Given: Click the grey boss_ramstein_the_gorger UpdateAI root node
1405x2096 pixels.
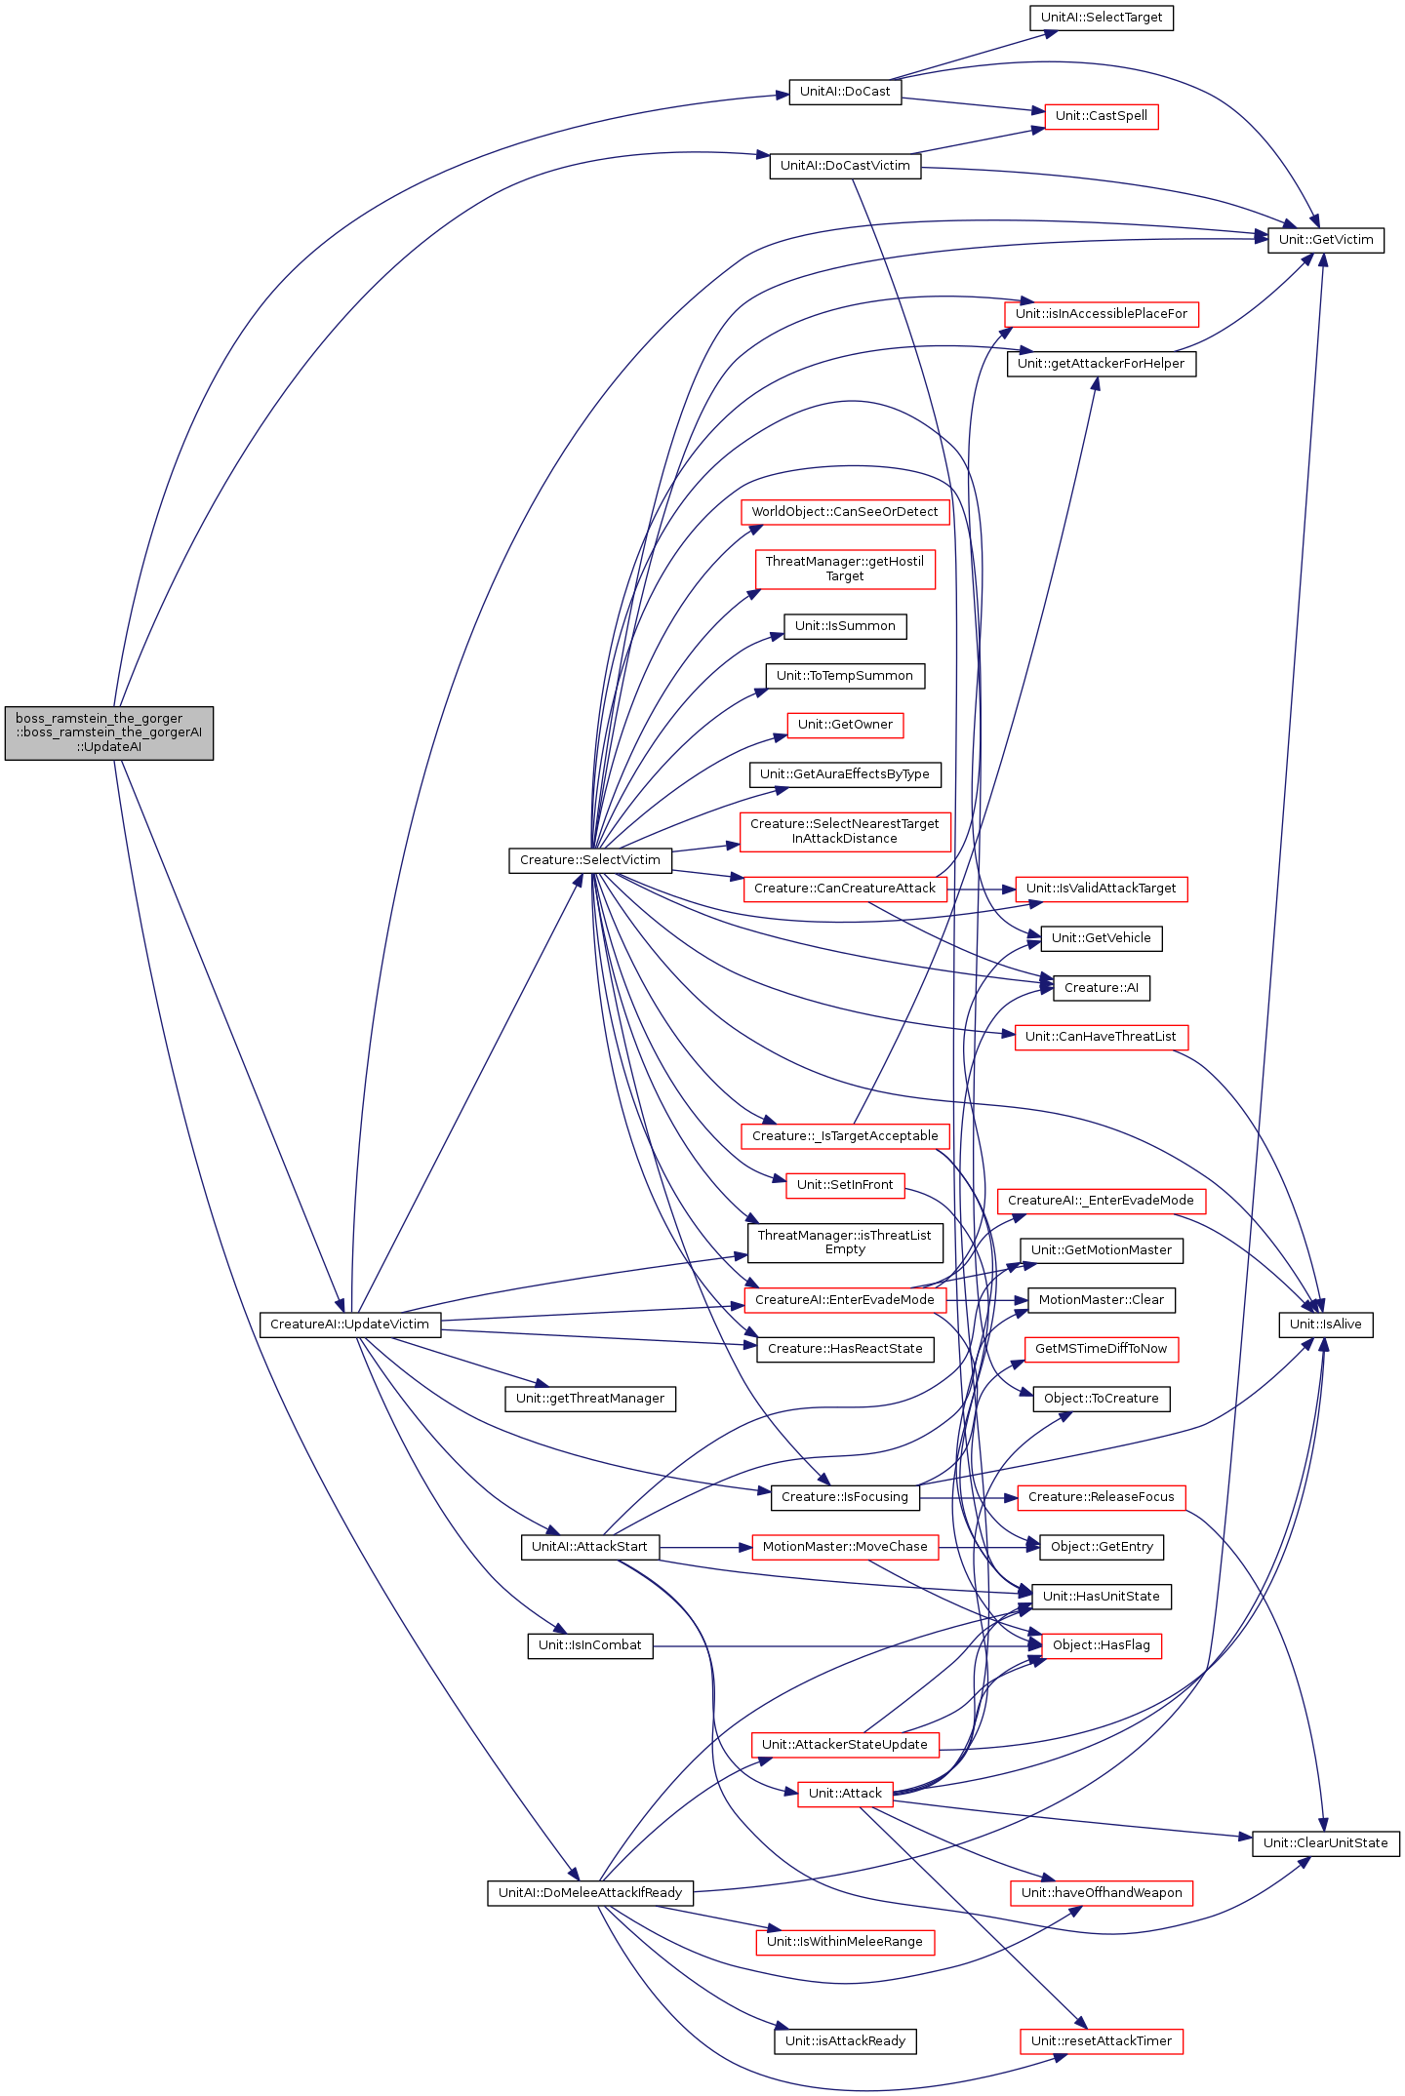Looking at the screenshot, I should (x=109, y=732).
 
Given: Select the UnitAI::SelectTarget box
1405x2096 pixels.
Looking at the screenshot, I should (x=1101, y=18).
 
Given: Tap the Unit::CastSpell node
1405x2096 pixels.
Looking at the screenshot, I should (x=1101, y=116).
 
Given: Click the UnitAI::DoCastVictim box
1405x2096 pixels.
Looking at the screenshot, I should (x=845, y=166).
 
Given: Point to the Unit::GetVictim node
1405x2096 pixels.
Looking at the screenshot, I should (x=1325, y=240).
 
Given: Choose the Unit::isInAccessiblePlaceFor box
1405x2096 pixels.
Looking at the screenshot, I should (x=1101, y=314).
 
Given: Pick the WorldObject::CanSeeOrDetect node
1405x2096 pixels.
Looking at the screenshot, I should (x=844, y=512).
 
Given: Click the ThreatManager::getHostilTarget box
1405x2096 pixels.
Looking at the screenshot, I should (x=844, y=569).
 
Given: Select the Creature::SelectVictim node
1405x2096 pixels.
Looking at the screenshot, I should (x=589, y=860).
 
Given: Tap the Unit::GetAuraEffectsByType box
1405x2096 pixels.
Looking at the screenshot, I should (x=844, y=774).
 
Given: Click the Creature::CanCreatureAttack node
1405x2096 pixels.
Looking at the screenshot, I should (x=844, y=889).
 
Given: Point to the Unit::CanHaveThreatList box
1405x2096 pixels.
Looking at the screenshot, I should (x=1101, y=1037).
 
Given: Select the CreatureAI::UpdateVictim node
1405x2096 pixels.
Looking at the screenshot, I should (x=349, y=1325).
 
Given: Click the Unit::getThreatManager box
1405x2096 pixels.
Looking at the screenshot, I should (x=589, y=1399).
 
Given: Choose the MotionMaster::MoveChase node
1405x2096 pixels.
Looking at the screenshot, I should (x=844, y=1547).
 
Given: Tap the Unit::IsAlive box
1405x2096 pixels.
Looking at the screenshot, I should (x=1325, y=1325).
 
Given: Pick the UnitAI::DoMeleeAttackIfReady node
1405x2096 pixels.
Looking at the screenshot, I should (x=589, y=1893).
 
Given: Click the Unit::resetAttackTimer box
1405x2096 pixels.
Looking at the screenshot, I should (x=1101, y=2041).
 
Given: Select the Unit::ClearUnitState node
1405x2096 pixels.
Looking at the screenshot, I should (x=1325, y=1843).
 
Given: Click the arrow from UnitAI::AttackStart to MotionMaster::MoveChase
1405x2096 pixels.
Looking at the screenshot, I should (x=704, y=1547).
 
